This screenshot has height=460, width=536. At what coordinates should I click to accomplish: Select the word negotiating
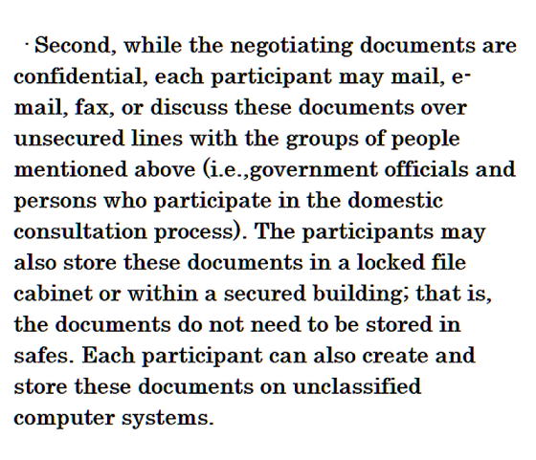[291, 47]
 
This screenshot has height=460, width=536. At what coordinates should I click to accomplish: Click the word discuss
[189, 107]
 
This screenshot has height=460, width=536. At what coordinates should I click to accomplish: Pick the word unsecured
[69, 139]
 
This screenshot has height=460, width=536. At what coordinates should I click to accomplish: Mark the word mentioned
[71, 169]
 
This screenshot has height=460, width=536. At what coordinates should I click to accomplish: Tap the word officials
[426, 169]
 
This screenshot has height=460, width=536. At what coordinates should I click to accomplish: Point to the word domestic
[395, 200]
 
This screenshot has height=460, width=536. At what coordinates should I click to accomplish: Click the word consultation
[80, 231]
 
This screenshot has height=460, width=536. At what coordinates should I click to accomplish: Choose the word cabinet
[53, 294]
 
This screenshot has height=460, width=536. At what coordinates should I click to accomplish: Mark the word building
[358, 295]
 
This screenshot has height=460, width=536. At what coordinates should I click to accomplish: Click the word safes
[44, 356]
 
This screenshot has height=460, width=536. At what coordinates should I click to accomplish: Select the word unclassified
[357, 386]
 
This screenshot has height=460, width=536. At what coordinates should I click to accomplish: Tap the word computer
[64, 419]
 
